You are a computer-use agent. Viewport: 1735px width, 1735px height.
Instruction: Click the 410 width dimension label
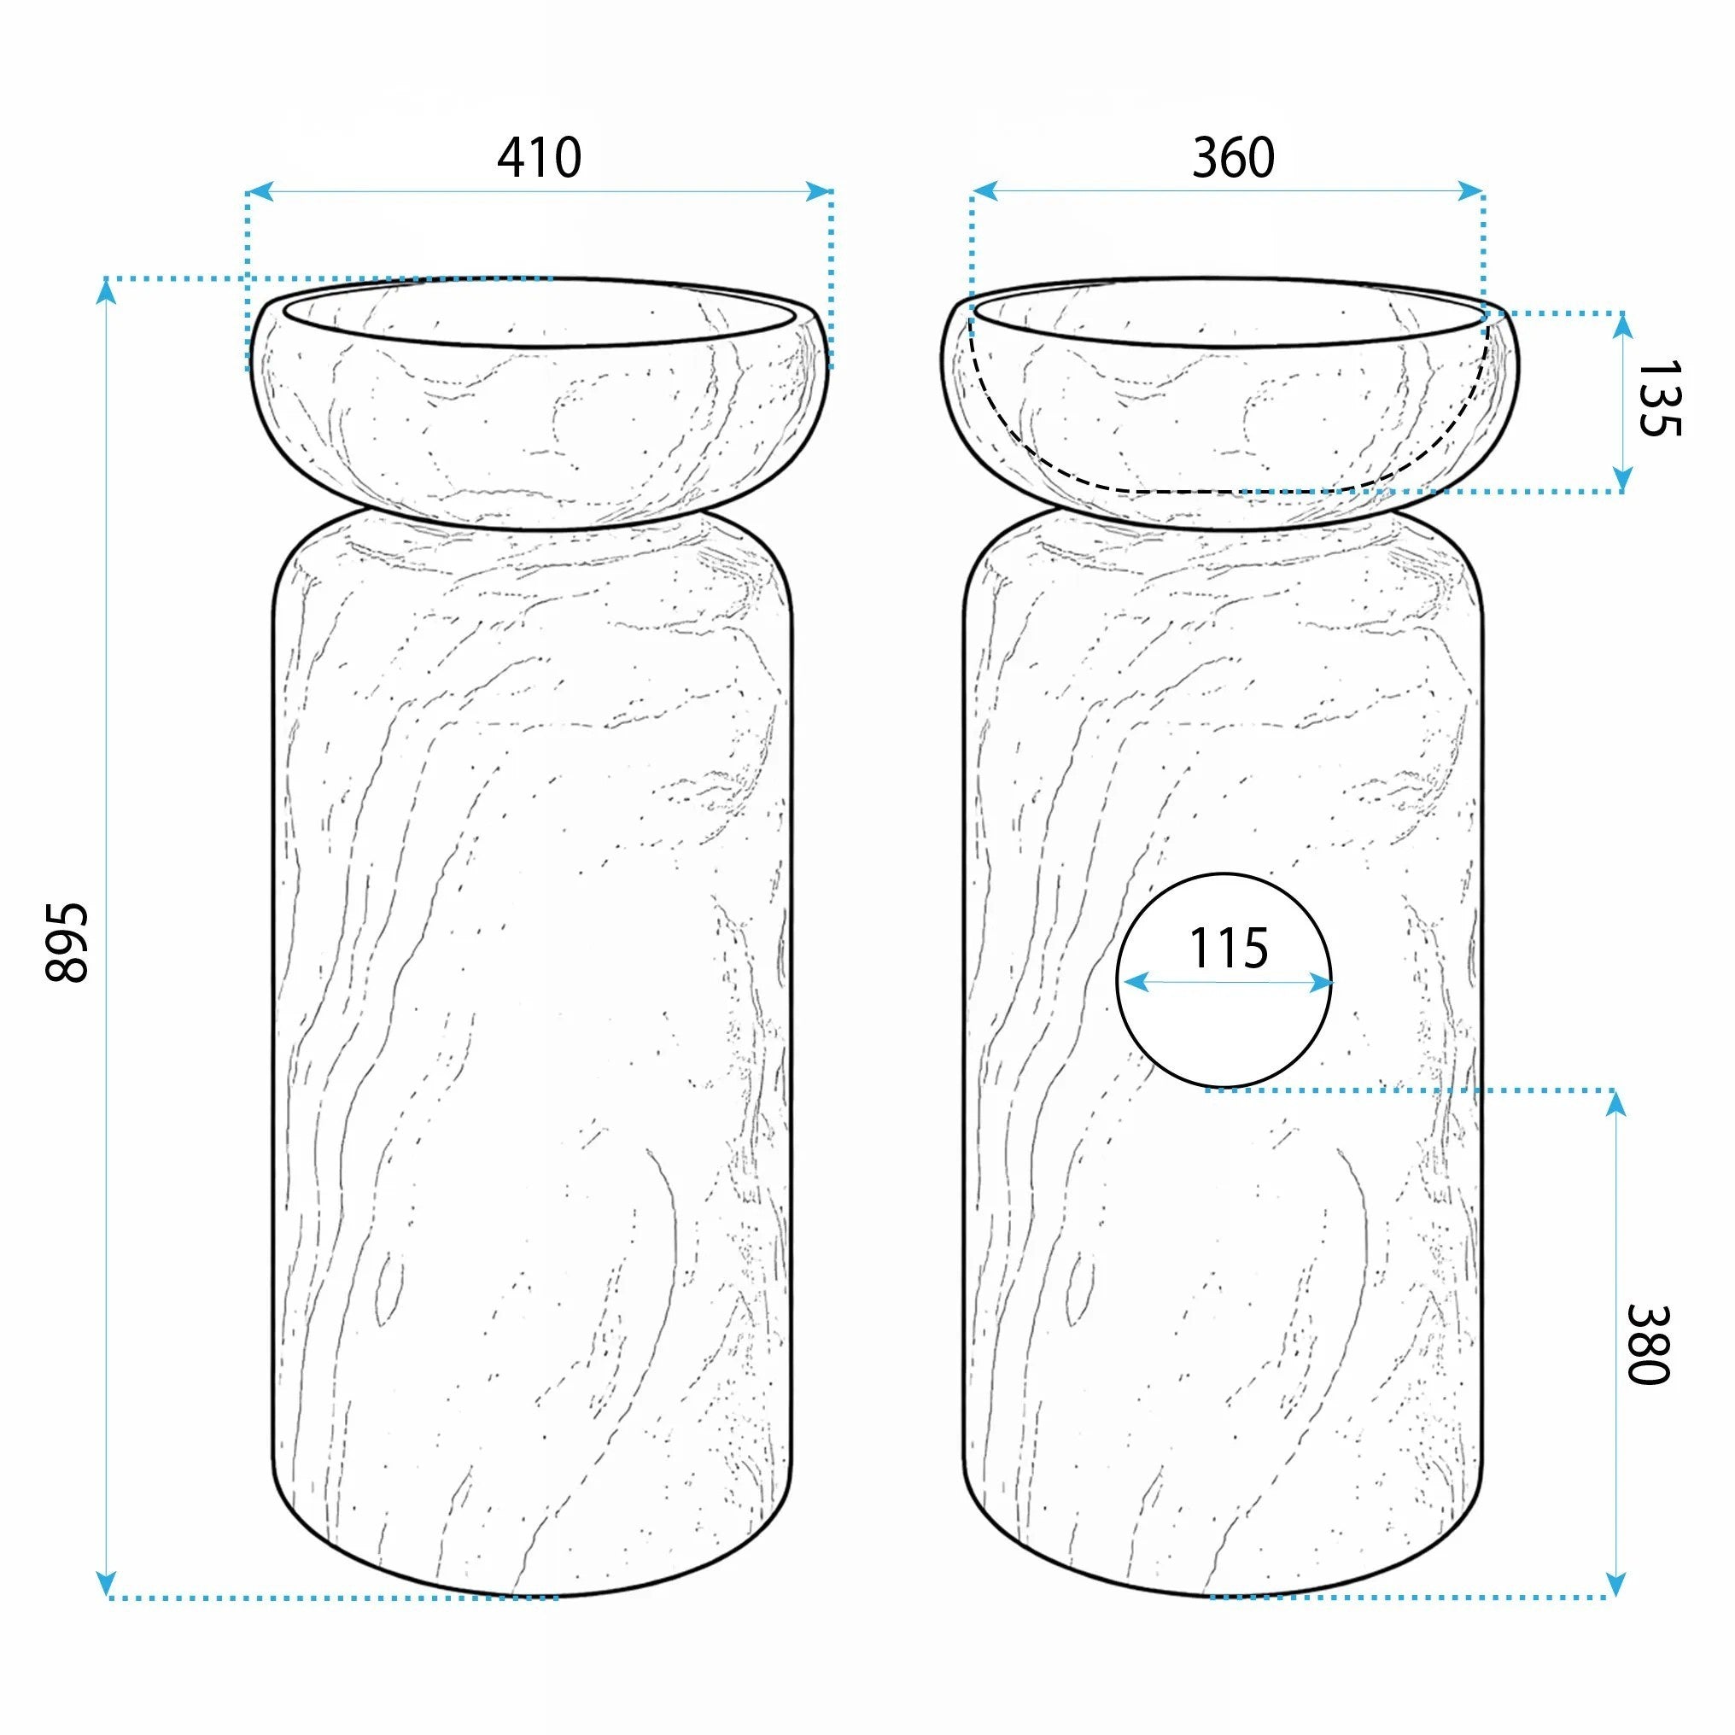click(x=539, y=158)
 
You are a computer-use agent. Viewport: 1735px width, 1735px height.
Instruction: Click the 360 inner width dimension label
click(x=1233, y=158)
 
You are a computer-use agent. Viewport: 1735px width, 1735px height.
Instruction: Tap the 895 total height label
click(x=67, y=943)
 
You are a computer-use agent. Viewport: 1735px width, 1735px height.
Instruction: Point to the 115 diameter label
click(x=1229, y=949)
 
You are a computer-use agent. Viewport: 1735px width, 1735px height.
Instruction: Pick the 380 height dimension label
click(x=1648, y=1344)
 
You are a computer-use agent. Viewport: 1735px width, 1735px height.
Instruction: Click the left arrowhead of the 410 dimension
click(x=260, y=191)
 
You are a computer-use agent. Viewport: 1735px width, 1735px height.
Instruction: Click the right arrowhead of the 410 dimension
click(x=819, y=191)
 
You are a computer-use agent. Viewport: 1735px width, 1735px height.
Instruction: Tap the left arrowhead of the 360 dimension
click(x=985, y=190)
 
